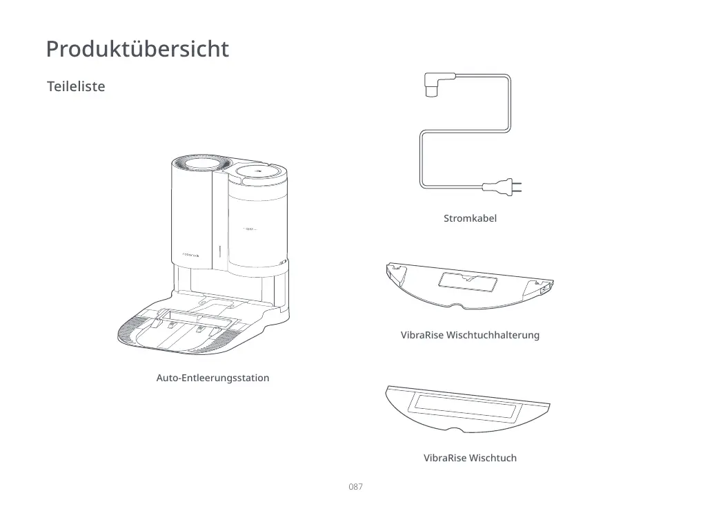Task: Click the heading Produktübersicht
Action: (x=137, y=50)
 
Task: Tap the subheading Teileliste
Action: (x=76, y=87)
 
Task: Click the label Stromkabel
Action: (x=470, y=218)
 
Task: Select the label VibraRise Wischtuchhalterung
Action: (x=470, y=335)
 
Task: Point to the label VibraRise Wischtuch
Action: (x=470, y=458)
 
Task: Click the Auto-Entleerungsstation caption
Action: (x=212, y=378)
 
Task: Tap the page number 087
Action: (x=355, y=487)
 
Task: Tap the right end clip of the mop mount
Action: (x=542, y=286)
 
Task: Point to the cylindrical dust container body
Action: (x=255, y=228)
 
